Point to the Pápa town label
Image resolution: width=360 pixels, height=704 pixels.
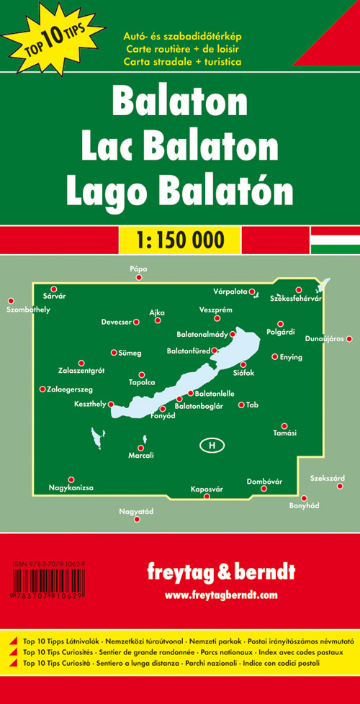[138, 268]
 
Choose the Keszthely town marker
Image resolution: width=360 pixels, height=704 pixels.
[111, 405]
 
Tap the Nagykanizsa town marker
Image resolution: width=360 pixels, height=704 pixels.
[71, 479]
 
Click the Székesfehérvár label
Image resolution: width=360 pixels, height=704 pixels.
[295, 298]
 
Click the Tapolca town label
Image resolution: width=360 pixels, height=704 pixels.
[141, 382]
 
